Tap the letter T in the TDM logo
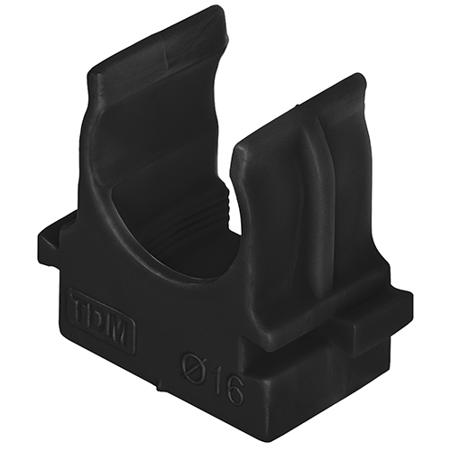pyautogui.click(x=81, y=303)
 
